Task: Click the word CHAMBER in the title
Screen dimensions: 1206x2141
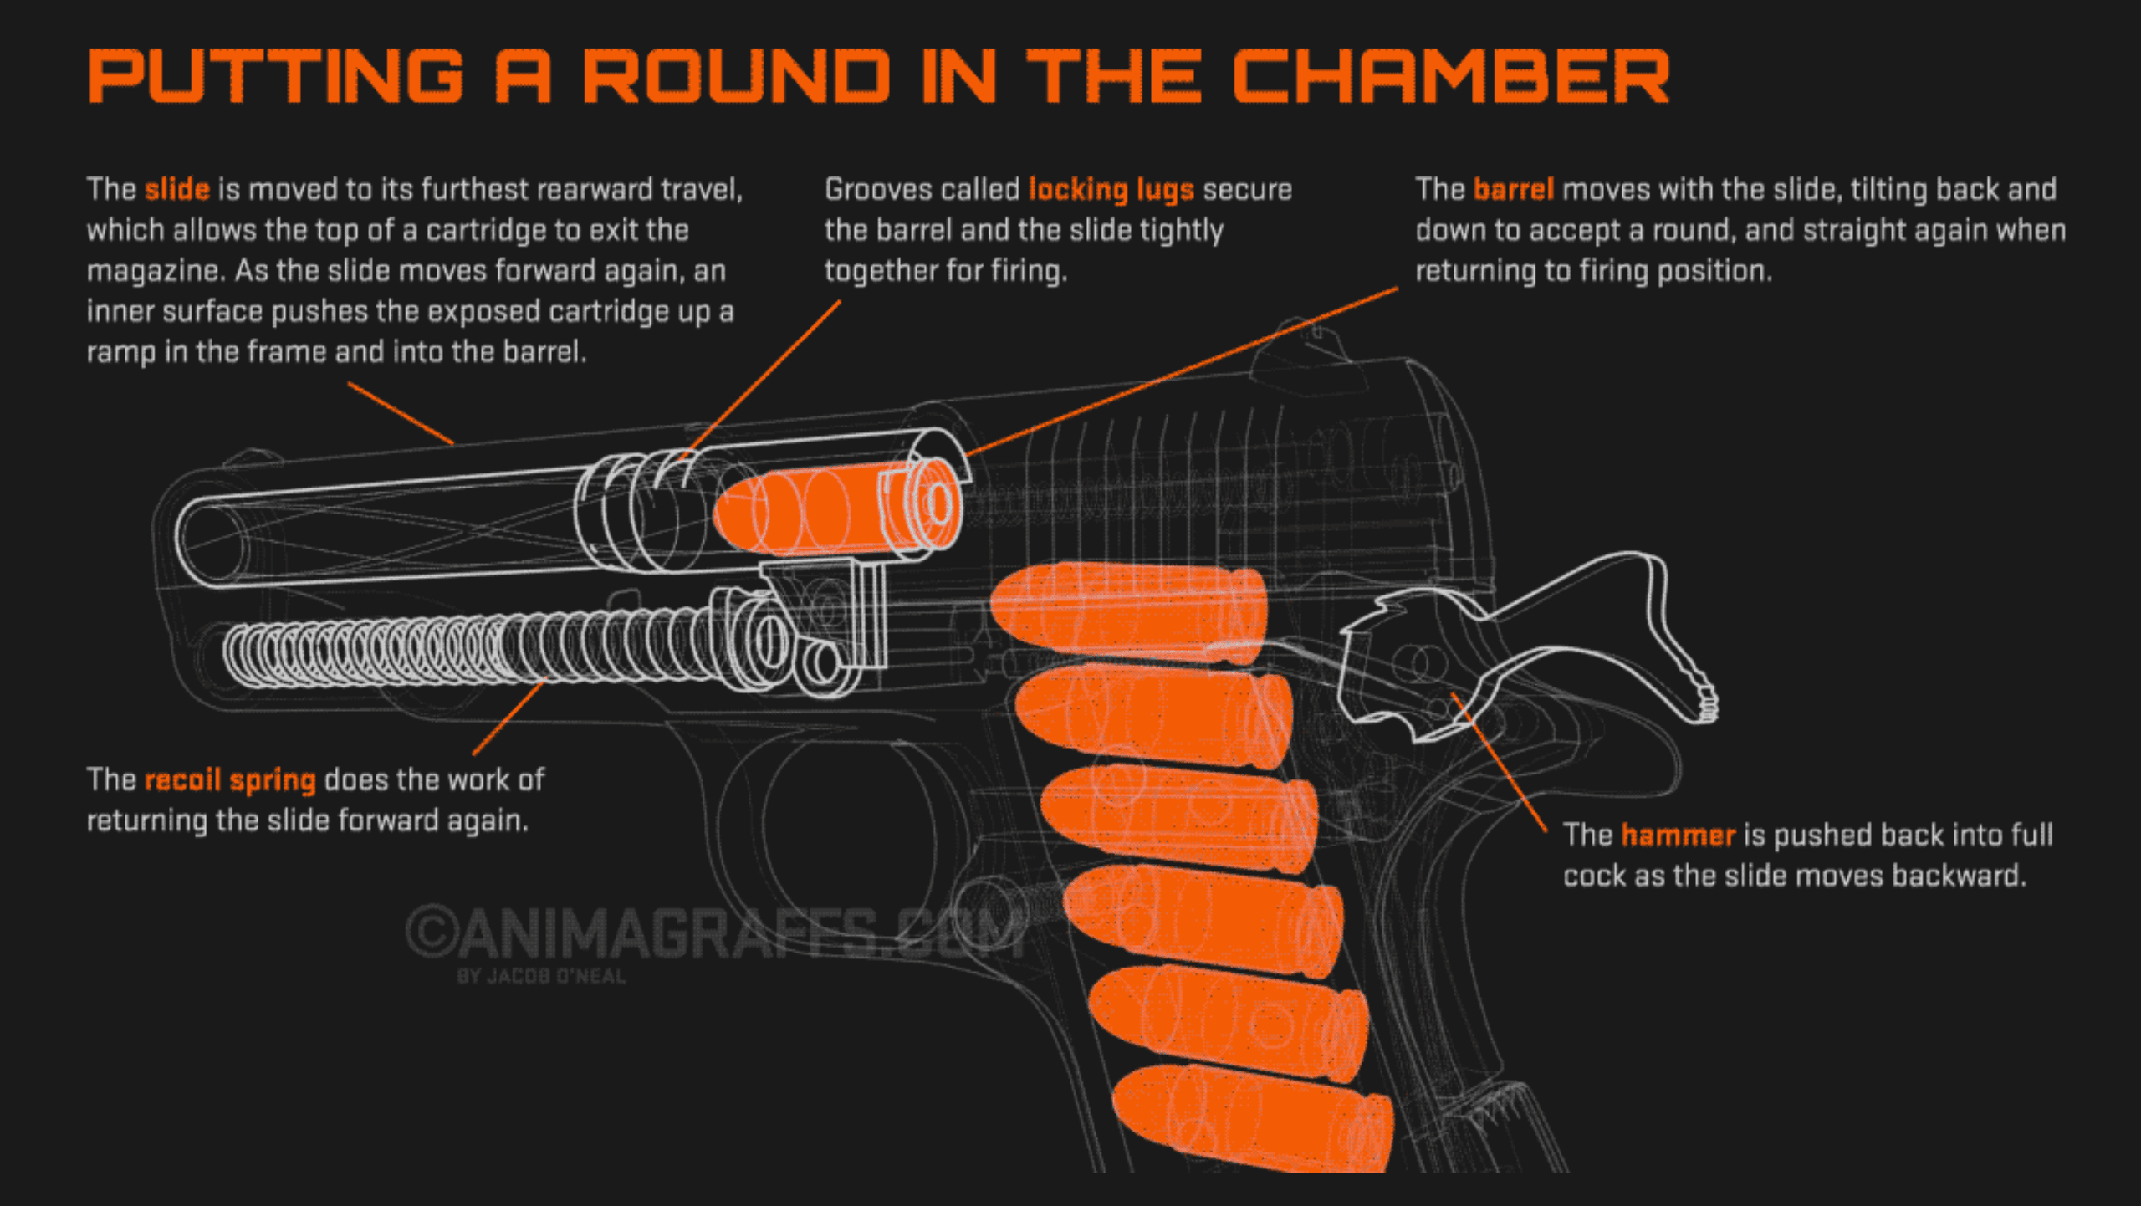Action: (1451, 76)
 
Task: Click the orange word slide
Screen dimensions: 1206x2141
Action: (176, 190)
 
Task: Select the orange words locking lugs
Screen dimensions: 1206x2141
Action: (1110, 190)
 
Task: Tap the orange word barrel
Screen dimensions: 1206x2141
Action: (1513, 190)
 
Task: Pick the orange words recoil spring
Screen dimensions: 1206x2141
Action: (230, 780)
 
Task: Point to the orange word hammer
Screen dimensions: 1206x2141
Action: (1678, 836)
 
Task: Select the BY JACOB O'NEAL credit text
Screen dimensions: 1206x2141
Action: (541, 977)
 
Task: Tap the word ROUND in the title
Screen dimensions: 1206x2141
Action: (736, 76)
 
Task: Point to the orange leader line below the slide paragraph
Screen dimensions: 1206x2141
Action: (400, 412)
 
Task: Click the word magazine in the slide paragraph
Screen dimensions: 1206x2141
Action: (156, 272)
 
